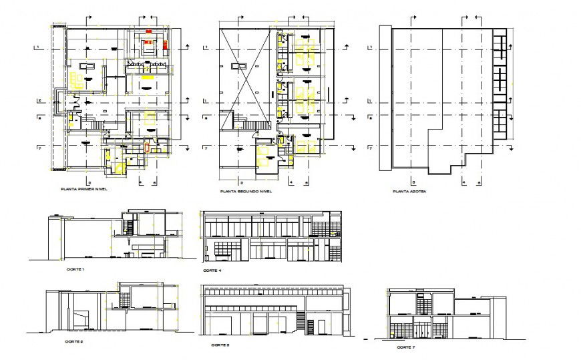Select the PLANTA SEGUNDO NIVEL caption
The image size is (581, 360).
(246, 192)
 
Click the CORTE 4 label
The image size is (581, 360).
(212, 271)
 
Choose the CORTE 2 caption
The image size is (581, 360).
(74, 341)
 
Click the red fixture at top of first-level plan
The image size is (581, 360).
(148, 31)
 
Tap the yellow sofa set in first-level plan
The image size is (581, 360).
(79, 81)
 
